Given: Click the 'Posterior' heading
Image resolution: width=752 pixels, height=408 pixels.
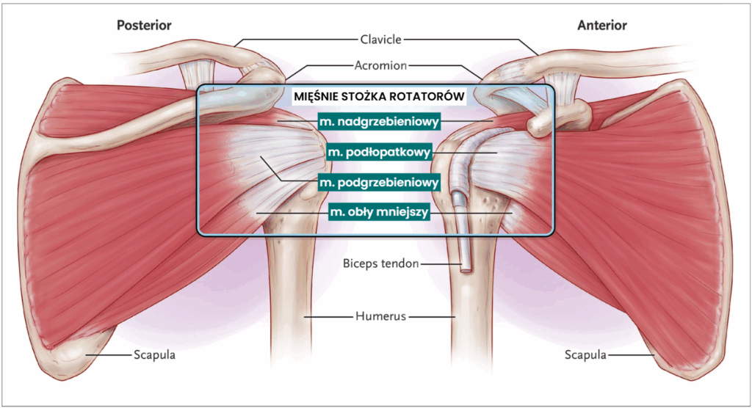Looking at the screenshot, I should (x=144, y=26).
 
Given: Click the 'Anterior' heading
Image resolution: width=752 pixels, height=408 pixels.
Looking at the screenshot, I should (x=602, y=26).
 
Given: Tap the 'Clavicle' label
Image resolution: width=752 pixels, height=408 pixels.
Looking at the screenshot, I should (x=380, y=39).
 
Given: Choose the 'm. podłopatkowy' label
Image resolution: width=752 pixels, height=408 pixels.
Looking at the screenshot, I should (x=379, y=152).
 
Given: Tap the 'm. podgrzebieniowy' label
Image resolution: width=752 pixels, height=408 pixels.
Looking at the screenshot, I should (x=379, y=181).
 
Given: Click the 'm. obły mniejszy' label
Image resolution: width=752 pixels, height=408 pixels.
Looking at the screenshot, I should (x=379, y=212).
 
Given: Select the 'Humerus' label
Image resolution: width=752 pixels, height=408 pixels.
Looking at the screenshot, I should (x=380, y=317).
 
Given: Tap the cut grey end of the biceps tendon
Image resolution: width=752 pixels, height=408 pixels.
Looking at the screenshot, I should (x=466, y=266).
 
